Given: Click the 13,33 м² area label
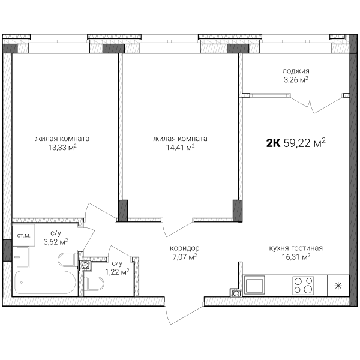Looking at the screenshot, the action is pos(62,147).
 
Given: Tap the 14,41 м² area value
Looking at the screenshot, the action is pos(180,147).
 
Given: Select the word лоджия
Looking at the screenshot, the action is pos(296,71).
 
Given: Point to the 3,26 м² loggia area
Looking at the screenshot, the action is pos(296,80).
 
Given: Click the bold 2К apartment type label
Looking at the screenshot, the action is pos(273,143).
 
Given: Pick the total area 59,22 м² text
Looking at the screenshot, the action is pos(305,143).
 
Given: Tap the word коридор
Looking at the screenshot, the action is pos(185,248).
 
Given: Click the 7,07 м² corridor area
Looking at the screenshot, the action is pos(185,257).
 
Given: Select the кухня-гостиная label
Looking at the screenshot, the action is pos(296,248).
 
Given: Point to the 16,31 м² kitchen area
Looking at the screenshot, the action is pos(296,257).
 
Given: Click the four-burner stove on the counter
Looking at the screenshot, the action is pos(303,286).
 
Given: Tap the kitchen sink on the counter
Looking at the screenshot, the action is pos(254,285).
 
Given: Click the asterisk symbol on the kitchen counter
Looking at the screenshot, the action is pos(338,286).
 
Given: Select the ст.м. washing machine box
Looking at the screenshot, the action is pos(23,235).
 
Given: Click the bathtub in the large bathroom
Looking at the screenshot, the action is pos(44,283).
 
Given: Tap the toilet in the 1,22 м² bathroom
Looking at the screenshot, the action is pos(94,284).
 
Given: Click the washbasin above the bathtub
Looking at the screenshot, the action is pos(21,257).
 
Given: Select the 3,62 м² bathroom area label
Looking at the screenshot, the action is pos(56,242).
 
